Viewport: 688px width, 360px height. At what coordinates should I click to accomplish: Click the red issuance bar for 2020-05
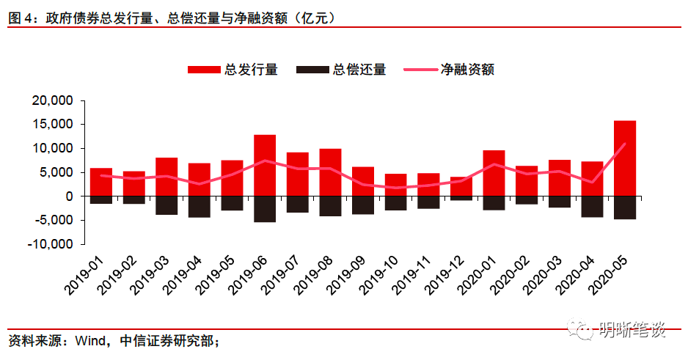tap(624, 158)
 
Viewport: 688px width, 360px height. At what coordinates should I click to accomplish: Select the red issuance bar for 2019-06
tap(264, 166)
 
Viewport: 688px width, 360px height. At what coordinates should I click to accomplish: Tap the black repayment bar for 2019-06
tap(264, 209)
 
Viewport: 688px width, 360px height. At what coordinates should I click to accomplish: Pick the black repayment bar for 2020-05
tap(624, 207)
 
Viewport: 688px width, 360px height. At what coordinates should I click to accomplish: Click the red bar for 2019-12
tap(461, 187)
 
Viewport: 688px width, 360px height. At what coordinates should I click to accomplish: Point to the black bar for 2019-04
tap(199, 207)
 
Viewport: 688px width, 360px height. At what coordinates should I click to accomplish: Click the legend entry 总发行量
tap(233, 70)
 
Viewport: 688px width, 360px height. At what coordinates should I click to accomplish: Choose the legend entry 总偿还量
tap(341, 70)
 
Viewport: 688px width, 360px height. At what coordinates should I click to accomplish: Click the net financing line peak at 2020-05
tap(624, 144)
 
